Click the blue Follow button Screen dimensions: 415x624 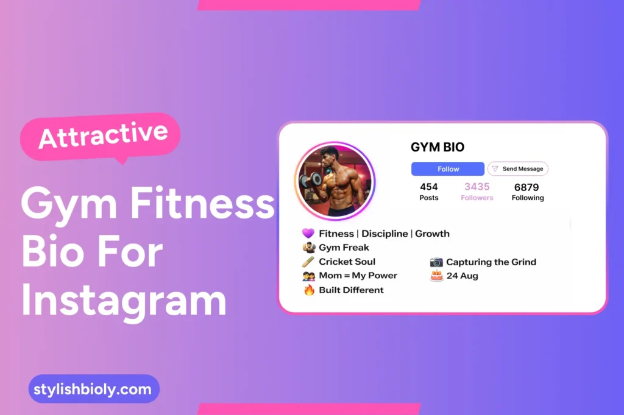(448, 169)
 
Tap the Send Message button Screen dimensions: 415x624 (518, 169)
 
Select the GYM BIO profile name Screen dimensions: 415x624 (438, 147)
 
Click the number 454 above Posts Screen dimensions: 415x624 (429, 187)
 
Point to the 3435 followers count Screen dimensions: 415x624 (477, 187)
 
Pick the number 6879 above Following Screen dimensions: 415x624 (526, 187)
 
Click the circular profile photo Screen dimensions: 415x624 (335, 181)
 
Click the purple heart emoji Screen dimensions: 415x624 (308, 234)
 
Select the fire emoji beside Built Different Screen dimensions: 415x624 (309, 290)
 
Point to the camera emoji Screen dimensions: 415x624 (436, 262)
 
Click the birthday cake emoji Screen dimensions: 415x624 (436, 276)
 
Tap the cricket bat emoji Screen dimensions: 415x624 (308, 262)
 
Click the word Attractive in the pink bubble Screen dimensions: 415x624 (103, 135)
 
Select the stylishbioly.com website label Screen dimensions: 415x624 (94, 389)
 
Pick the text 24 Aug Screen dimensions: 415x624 (462, 276)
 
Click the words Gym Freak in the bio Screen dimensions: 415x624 (344, 248)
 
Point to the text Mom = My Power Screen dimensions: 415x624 (358, 276)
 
